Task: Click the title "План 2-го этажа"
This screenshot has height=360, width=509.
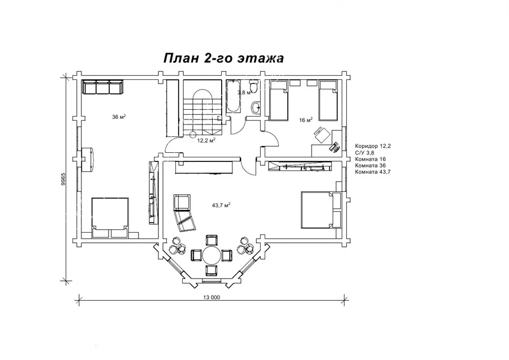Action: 223,58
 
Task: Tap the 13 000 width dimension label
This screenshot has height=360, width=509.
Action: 212,297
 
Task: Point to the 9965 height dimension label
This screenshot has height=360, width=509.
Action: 63,179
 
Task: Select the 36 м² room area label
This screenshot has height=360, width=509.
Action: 119,117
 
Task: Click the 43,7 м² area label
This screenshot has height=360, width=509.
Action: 221,205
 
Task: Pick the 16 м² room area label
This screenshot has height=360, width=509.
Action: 305,120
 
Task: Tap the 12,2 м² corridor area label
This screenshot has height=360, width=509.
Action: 207,140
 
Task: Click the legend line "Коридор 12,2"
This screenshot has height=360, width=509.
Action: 373,146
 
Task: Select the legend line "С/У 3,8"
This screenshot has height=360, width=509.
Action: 365,152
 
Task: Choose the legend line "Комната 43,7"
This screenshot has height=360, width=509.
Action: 373,172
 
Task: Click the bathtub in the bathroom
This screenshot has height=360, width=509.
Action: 234,96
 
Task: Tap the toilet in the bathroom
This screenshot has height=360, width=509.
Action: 254,87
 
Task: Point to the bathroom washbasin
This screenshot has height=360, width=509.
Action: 256,107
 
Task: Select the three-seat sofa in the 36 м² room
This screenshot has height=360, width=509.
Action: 102,87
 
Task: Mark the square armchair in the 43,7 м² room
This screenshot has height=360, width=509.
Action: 182,203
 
